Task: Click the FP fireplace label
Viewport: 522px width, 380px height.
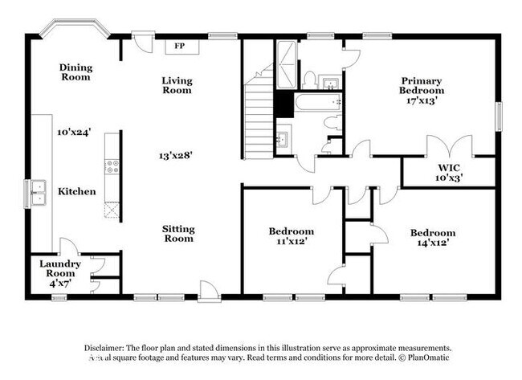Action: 181,46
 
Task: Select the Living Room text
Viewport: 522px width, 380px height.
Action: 177,85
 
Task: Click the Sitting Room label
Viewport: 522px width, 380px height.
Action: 178,234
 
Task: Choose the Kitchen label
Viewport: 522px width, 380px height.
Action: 76,192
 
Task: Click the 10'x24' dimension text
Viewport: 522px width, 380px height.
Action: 74,131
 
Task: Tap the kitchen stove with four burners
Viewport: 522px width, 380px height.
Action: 112,168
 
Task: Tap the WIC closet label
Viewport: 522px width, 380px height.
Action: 448,168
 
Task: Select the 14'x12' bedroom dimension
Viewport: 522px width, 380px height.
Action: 433,242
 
